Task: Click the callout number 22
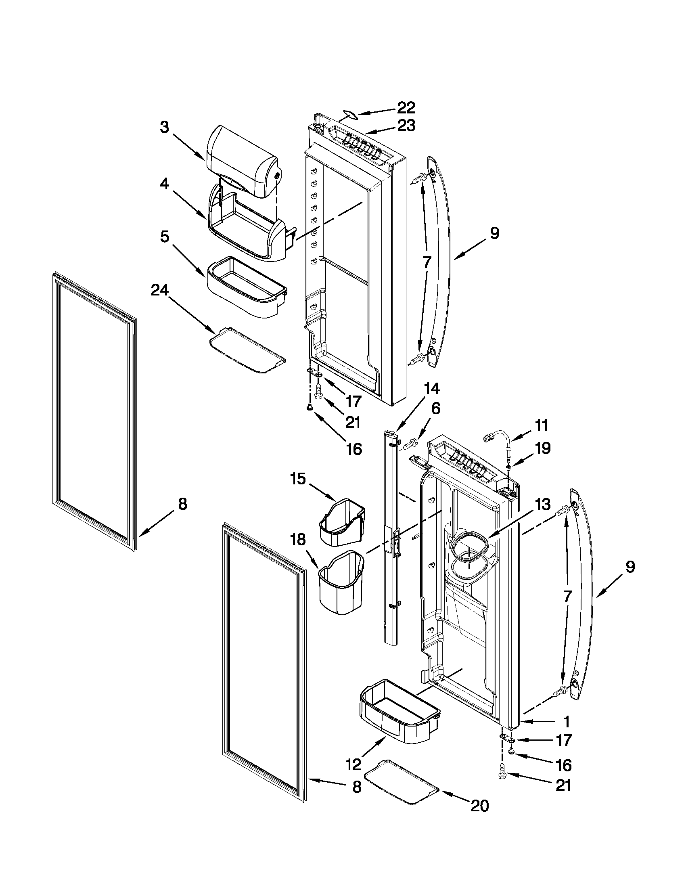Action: click(x=406, y=108)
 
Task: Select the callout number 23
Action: click(x=406, y=126)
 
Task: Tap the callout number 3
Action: click(x=164, y=127)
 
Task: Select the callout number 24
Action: click(x=160, y=290)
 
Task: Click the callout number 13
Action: click(x=542, y=505)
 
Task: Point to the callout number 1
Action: click(x=566, y=721)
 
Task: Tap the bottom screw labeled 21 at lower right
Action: click(x=502, y=775)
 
